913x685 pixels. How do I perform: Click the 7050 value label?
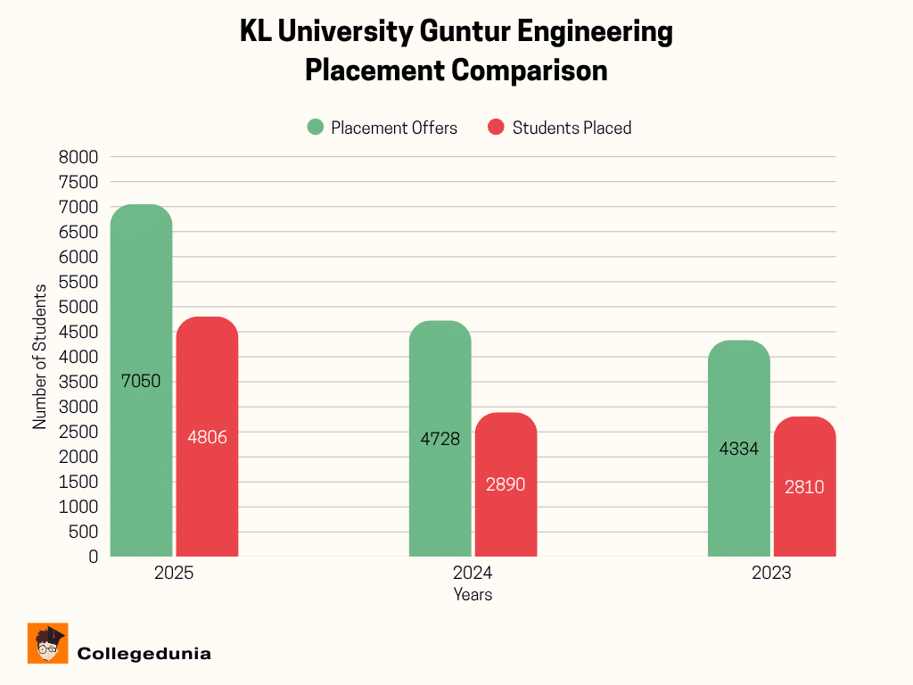[141, 382]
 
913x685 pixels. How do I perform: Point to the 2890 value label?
[506, 485]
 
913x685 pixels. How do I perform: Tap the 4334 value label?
[738, 450]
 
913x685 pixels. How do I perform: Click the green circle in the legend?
[316, 128]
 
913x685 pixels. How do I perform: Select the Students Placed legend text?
[572, 128]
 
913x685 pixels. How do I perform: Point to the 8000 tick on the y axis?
[80, 157]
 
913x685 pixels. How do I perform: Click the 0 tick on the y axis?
[93, 557]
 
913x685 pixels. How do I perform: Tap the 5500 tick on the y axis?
[80, 282]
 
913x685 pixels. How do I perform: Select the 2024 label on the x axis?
[472, 574]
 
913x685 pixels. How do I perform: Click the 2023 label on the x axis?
[770, 574]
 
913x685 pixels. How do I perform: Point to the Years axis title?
[472, 595]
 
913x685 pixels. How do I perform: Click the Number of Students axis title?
[40, 357]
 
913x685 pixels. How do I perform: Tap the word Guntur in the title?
[466, 33]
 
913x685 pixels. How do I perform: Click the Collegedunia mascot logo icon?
[48, 643]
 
